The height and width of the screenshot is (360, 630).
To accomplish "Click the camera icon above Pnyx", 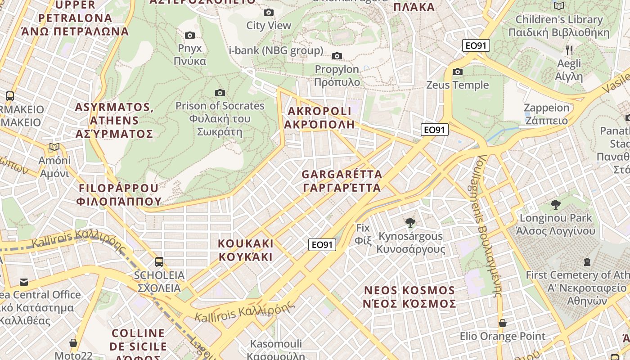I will click(x=190, y=35).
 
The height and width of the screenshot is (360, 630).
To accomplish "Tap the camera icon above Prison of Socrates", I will click(x=220, y=93).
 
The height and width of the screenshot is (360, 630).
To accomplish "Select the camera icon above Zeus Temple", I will click(x=458, y=72).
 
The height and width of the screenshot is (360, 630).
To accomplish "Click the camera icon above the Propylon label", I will click(x=337, y=56).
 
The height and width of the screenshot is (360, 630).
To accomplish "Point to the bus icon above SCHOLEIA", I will click(x=159, y=261).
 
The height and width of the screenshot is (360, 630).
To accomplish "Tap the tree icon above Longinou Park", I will click(x=556, y=205).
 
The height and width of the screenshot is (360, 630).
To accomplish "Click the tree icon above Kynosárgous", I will click(x=410, y=222).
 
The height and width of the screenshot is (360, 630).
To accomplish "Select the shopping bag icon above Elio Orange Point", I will click(x=502, y=323).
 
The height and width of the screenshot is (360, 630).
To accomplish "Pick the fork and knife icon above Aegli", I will click(x=569, y=50).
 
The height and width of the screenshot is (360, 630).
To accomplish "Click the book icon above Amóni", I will click(x=54, y=147).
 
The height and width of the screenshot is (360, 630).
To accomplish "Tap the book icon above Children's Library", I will click(x=559, y=6).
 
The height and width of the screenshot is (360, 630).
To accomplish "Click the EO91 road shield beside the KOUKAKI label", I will click(x=322, y=245).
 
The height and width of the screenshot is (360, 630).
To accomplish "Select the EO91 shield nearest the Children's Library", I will click(x=476, y=45).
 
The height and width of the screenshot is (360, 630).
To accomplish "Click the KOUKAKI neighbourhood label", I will click(x=246, y=250).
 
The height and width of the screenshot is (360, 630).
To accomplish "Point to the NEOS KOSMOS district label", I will click(x=409, y=297).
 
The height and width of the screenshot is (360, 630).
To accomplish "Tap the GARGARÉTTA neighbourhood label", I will click(x=342, y=181).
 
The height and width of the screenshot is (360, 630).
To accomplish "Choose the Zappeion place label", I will click(x=546, y=114).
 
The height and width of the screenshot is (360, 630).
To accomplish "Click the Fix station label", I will click(x=363, y=234).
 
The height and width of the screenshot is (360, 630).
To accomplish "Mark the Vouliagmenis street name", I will click(x=490, y=225).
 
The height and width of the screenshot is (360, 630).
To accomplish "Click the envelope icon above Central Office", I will click(x=23, y=282).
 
